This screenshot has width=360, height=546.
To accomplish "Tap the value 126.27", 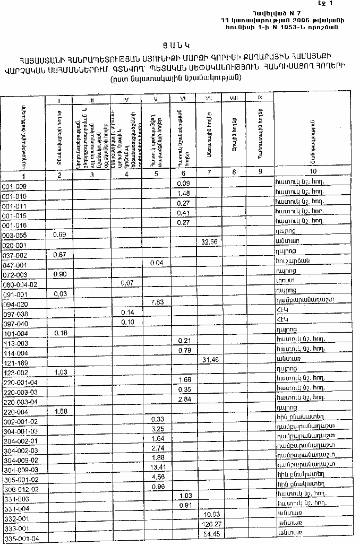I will [212, 524].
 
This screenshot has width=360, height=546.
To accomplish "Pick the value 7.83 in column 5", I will [157, 302].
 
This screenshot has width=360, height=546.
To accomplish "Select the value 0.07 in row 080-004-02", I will [127, 283].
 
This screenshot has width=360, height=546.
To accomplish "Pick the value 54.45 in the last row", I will [211, 533].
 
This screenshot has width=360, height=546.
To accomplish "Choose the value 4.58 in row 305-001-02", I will [157, 476].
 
